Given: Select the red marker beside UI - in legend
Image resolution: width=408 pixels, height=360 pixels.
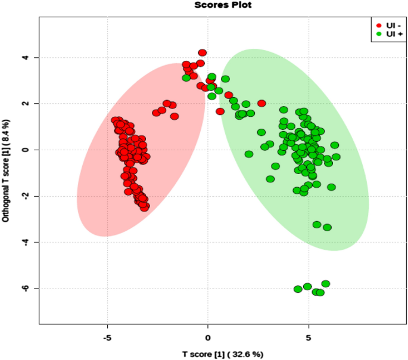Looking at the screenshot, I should (378, 26).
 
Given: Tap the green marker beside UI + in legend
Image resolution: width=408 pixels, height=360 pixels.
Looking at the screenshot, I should (378, 34).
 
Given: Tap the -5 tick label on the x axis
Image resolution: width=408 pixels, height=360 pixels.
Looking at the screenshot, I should (107, 337).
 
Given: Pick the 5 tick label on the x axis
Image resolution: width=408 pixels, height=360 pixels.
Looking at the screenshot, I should (309, 337).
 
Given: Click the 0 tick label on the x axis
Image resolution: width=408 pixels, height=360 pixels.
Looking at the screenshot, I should (208, 337).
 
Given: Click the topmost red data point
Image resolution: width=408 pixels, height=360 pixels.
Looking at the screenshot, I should (203, 53).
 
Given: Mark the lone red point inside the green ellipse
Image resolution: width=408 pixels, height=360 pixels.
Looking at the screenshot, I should (261, 103).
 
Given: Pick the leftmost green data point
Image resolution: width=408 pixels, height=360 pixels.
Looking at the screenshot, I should (186, 77).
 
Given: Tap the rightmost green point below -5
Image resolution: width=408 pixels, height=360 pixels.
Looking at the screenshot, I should (326, 284).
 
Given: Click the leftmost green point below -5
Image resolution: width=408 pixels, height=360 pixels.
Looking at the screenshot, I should (298, 289).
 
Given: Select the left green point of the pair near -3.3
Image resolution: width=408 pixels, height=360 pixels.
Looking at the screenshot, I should (317, 225).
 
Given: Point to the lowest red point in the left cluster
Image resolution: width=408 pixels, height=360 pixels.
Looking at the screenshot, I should (145, 207).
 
